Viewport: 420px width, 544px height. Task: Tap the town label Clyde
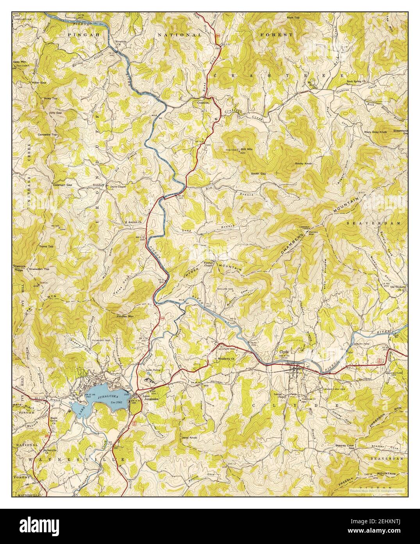pos(284,351)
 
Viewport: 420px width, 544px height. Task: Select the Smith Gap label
pos(258,173)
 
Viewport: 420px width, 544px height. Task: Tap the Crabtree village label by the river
pos(203,103)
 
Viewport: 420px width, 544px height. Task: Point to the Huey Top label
pos(50,98)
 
